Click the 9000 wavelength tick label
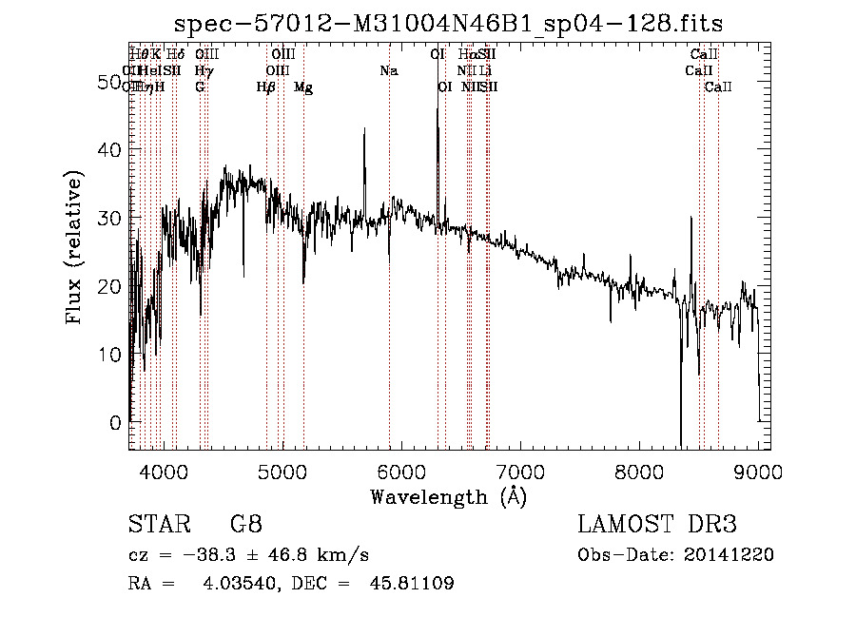pos(758,471)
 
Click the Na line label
pos(388,70)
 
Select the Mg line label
pos(303,87)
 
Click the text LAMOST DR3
pos(656,524)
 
